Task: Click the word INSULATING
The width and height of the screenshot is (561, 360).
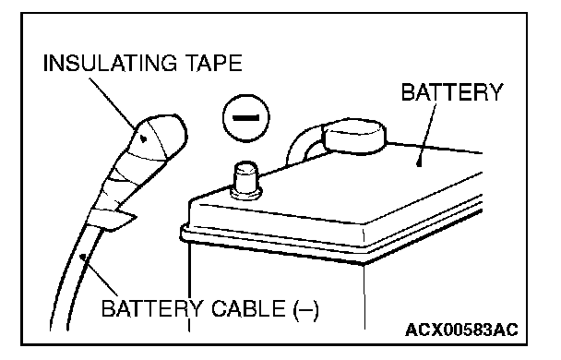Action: (110, 64)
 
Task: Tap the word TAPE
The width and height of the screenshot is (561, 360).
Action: (215, 64)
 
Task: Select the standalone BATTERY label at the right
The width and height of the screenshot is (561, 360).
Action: (452, 92)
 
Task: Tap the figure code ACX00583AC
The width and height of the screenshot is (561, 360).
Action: (461, 330)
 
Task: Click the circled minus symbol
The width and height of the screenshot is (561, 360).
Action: (246, 118)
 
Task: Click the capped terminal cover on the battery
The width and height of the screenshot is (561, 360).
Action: (353, 137)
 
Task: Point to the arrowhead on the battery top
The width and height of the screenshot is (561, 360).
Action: (420, 162)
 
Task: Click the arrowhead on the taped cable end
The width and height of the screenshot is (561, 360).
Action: (143, 138)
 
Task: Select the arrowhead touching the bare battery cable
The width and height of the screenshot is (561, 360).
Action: (83, 258)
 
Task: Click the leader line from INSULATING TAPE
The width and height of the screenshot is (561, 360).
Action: (113, 104)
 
